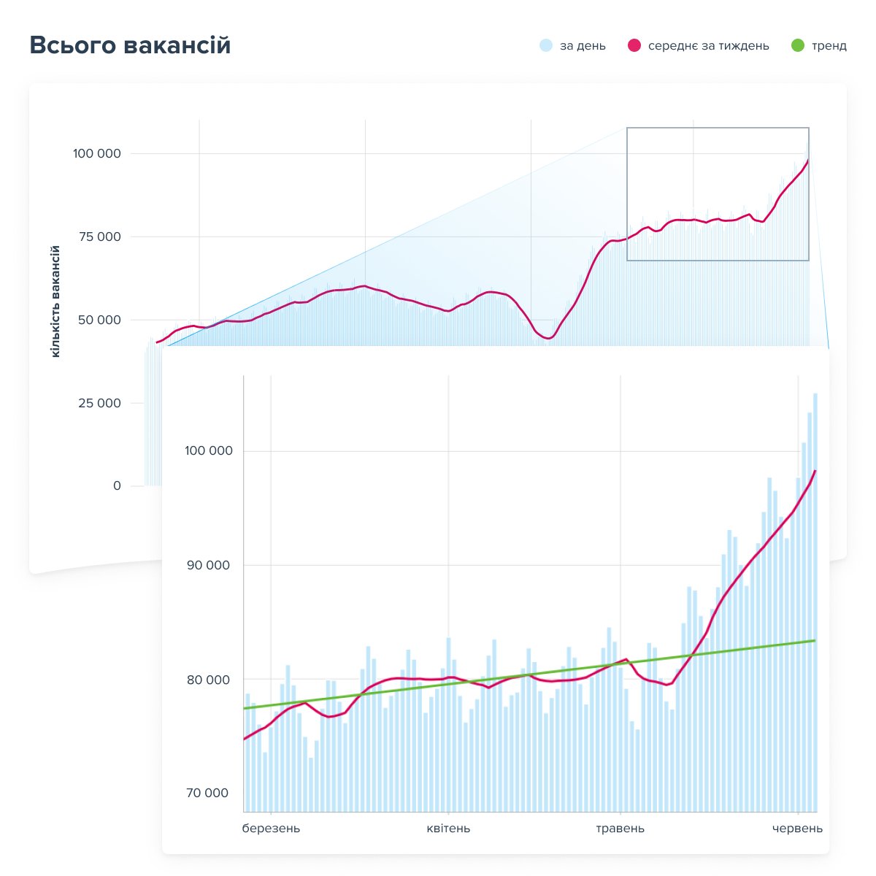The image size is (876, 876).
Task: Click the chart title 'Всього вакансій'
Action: [x=130, y=45]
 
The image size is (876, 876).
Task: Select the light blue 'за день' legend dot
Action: [x=545, y=45]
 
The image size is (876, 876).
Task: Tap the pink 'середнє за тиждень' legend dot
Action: [x=634, y=45]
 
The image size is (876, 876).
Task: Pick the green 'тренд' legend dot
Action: [x=797, y=45]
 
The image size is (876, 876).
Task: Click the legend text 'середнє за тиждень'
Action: [x=708, y=46]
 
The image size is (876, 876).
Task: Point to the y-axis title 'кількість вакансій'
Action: [x=55, y=301]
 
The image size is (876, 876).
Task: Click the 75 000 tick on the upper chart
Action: [x=99, y=237]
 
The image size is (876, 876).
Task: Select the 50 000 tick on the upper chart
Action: [x=99, y=320]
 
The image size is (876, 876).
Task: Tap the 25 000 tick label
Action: [x=99, y=403]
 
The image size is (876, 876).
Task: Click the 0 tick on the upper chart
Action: [x=117, y=485]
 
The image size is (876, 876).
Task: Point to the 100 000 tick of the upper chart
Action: [x=97, y=153]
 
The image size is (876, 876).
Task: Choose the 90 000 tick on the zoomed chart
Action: [x=208, y=565]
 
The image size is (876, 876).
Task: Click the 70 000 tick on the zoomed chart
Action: [x=207, y=793]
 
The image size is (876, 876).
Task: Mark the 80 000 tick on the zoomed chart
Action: [x=208, y=680]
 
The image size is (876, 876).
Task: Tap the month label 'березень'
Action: [x=271, y=829]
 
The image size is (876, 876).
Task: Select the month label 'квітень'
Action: [x=448, y=829]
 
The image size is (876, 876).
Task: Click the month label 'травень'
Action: [x=620, y=829]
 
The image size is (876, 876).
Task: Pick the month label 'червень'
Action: [x=797, y=829]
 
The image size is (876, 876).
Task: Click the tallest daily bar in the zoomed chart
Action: [x=815, y=602]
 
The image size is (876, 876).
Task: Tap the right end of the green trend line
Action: [x=815, y=640]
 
